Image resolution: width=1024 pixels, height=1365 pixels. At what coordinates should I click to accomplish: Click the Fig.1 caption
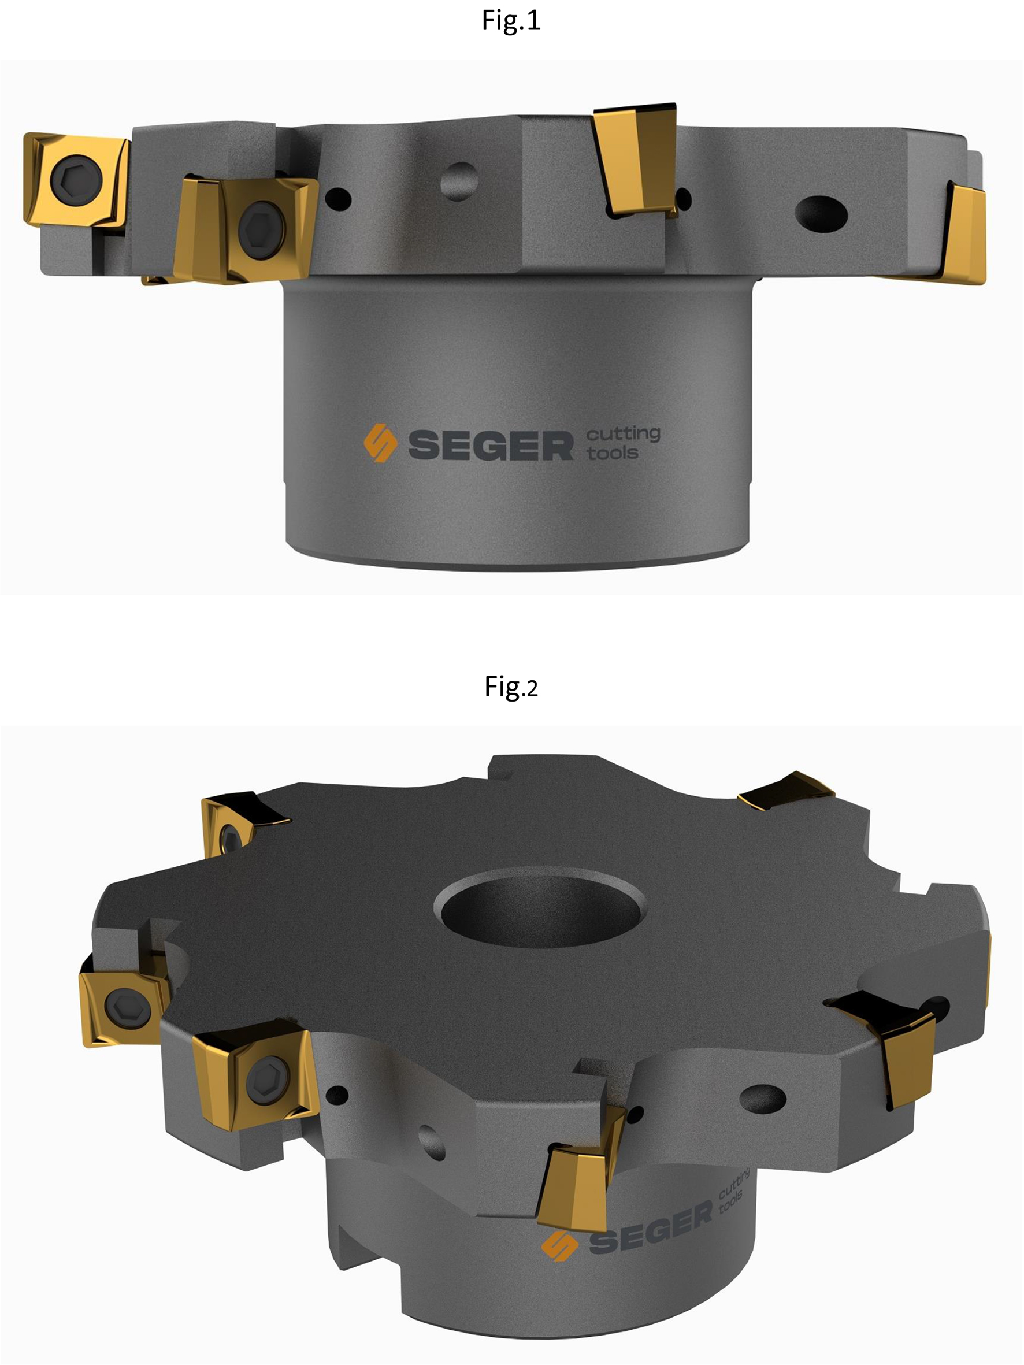[x=511, y=21]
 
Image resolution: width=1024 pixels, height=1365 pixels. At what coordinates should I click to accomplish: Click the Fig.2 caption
[x=511, y=687]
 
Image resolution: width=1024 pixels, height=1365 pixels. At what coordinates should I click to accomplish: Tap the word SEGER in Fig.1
[x=491, y=446]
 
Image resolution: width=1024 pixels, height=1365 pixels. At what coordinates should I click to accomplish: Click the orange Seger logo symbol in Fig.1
[x=380, y=443]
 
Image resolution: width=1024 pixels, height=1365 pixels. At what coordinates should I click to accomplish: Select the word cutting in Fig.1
[x=624, y=434]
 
